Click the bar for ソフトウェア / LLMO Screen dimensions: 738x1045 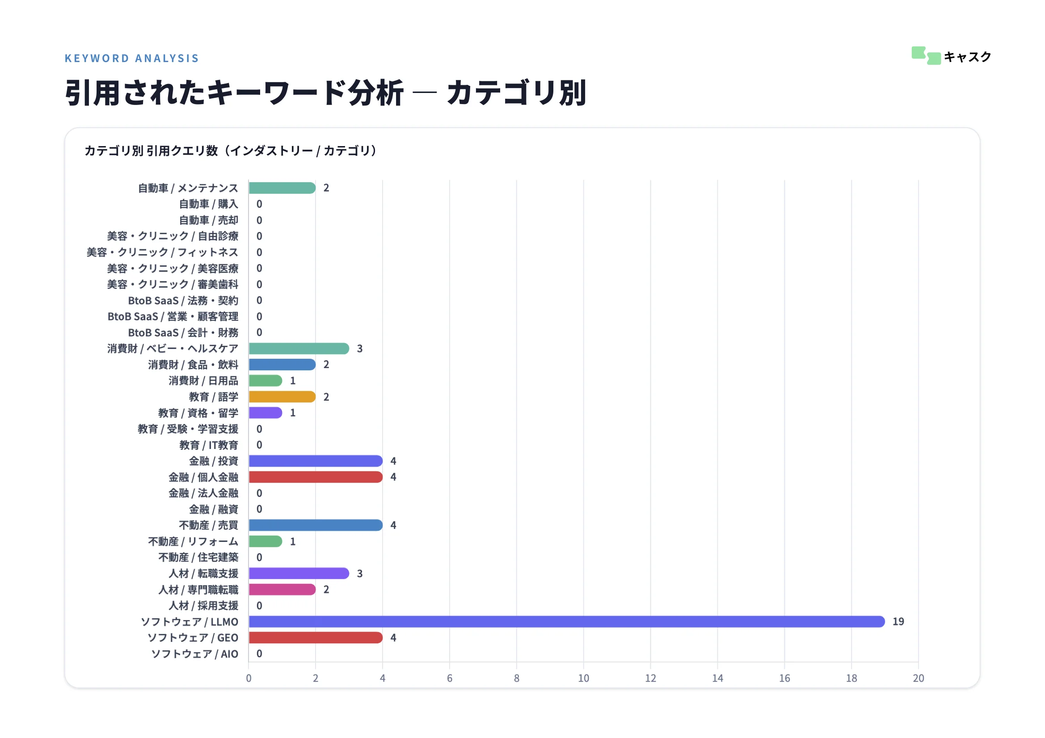pos(566,621)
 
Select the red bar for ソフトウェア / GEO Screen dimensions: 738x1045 pos(316,637)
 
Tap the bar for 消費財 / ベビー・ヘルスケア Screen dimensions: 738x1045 pos(299,348)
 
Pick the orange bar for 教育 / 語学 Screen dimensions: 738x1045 pos(282,397)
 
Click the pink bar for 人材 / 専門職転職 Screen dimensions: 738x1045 pos(282,590)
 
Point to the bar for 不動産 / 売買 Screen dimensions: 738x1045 pos(316,525)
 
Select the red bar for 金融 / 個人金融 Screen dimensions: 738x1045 pos(316,477)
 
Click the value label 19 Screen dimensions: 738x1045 pos(898,621)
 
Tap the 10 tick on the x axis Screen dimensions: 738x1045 pos(583,679)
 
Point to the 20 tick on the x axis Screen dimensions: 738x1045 pos(919,679)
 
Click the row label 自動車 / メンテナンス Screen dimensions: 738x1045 pos(188,189)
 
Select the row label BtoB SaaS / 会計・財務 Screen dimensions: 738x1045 pos(183,333)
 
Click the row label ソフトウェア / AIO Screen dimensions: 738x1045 pos(194,654)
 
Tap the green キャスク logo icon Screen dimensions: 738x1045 pos(926,56)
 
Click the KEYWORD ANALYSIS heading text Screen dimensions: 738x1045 pos(131,58)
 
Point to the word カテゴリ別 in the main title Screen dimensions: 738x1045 pos(516,93)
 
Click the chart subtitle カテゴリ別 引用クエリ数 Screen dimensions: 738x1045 pos(151,151)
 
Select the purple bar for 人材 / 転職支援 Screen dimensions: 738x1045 pos(299,573)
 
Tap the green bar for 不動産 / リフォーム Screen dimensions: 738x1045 pos(265,541)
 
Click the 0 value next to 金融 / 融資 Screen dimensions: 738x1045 pos(259,509)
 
